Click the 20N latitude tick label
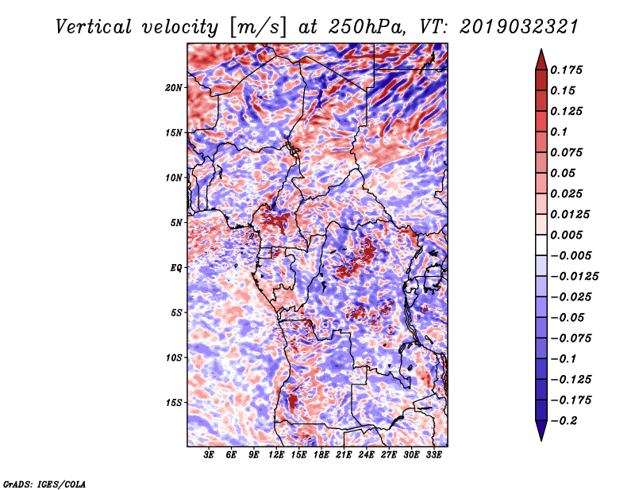click(174, 87)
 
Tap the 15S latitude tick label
click(174, 402)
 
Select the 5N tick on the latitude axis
click(176, 222)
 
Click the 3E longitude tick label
click(209, 456)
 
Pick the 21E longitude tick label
click(344, 456)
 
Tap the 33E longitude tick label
click(433, 456)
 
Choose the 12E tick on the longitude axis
click(276, 456)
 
